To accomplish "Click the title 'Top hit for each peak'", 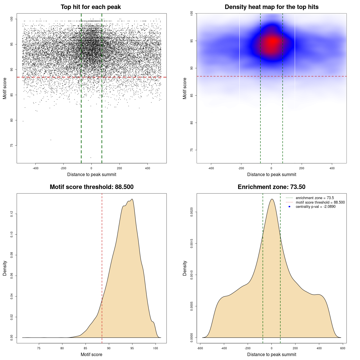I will click(x=91, y=7).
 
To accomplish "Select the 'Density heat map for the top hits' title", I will click(x=271, y=7).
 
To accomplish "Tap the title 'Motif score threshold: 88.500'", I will click(x=91, y=187).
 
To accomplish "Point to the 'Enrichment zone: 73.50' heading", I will click(x=271, y=187).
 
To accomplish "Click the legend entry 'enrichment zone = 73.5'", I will click(x=315, y=198).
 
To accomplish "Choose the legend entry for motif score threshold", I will click(x=320, y=202).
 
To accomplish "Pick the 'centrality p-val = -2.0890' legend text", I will click(x=316, y=207).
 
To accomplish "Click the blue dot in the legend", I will click(x=289, y=207).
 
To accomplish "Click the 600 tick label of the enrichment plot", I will click(x=343, y=348).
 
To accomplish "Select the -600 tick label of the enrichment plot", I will click(x=200, y=348).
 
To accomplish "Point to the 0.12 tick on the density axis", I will click(x=12, y=214).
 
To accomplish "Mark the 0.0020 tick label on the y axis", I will click(x=192, y=212).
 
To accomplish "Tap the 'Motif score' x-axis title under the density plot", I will click(x=91, y=354).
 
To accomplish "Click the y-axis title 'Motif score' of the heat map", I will click(x=185, y=88).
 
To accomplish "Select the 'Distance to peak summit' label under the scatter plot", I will click(x=92, y=174).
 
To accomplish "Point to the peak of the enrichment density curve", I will click(x=272, y=199).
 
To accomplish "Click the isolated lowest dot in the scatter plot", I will click(x=91, y=157).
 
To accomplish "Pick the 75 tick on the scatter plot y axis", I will click(x=12, y=145).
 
